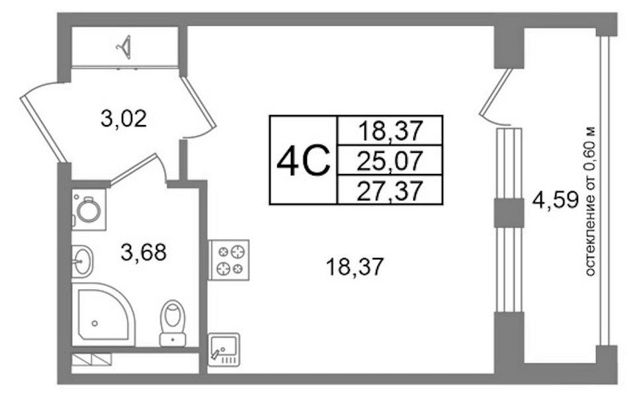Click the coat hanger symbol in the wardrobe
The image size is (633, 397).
coord(125,47)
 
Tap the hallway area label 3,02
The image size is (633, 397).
coord(124,119)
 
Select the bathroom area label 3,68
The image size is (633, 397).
coord(144,252)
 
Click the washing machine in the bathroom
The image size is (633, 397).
coord(89,210)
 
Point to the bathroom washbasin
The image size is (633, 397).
coord(83,261)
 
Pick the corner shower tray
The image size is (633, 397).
coord(104,314)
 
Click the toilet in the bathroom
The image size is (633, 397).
coord(173,323)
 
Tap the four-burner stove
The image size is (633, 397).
coord(229,260)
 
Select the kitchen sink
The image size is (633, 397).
coord(224,350)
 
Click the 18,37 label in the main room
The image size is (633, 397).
coord(354,267)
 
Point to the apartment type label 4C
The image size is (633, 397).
coord(303,160)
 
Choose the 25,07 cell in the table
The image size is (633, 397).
coord(390,160)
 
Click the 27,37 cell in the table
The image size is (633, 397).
coord(390,190)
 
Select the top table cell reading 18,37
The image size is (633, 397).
coord(390,130)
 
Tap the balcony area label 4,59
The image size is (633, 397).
coord(556,200)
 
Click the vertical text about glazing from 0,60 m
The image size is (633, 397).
coord(590,201)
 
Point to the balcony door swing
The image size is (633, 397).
coord(495,97)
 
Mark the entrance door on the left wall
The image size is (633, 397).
coord(42,122)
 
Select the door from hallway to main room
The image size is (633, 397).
coord(198,108)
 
